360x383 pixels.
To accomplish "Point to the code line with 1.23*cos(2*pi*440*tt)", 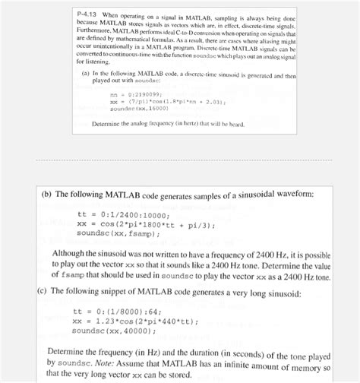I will click(137, 321).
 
